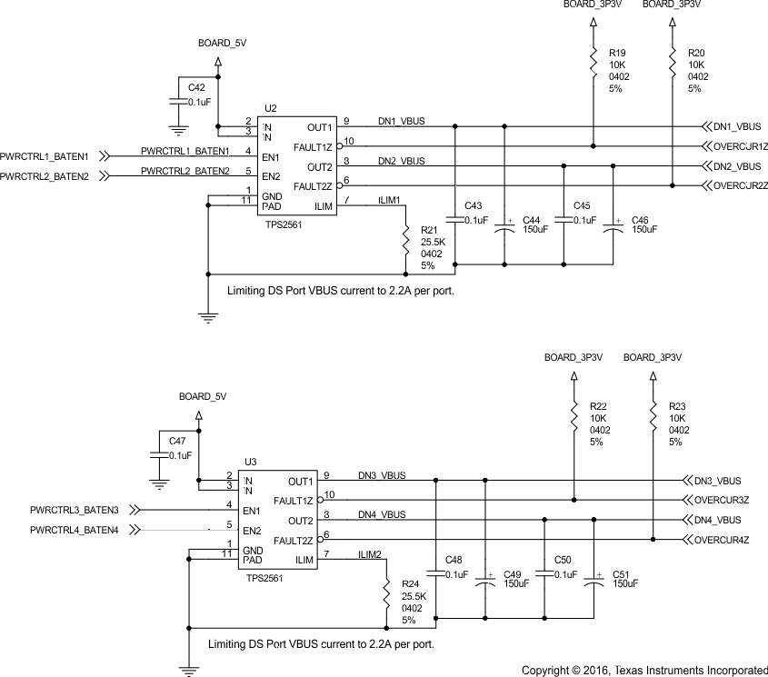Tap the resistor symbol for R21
click(x=406, y=241)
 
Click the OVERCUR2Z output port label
click(x=742, y=186)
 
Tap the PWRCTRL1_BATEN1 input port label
click(x=45, y=156)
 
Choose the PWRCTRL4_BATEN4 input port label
click(x=75, y=530)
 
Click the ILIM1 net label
click(x=389, y=201)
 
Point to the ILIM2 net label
click(x=371, y=554)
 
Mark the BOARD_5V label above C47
click(x=203, y=397)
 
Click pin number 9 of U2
click(x=345, y=120)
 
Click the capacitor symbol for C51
click(x=594, y=580)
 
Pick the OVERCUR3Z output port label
click(x=723, y=500)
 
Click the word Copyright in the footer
click(x=547, y=671)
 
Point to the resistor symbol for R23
click(x=653, y=416)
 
